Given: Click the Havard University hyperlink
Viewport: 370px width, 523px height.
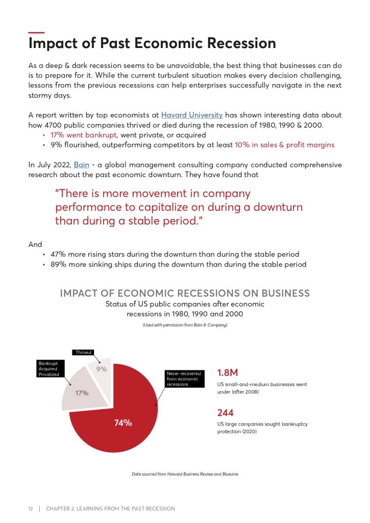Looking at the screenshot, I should point(192,115).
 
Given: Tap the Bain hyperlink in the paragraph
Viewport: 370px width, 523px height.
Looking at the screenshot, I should point(81,164).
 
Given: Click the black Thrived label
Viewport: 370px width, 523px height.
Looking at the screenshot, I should point(83,352).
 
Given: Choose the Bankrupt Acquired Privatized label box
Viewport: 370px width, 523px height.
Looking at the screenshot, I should point(49,369).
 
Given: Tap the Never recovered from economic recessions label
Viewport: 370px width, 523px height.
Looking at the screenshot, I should point(184,378).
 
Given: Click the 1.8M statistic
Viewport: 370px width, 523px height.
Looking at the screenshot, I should point(228,372).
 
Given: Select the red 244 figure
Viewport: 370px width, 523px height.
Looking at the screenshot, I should point(225,412).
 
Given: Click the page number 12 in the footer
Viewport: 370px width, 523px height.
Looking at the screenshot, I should point(31,509).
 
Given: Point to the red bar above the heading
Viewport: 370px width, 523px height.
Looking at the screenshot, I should point(36,33).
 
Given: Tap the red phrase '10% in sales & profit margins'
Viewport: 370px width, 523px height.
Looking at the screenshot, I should point(284,145).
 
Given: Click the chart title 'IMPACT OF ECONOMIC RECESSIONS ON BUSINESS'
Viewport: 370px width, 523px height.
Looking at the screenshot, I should point(185,293).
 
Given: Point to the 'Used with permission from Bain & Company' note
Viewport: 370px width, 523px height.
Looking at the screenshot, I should point(185,325).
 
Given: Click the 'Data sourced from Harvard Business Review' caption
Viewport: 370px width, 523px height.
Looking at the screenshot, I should point(185,474).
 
